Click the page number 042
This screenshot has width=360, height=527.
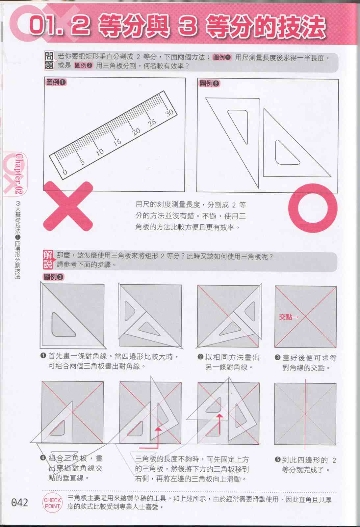tap(19, 503)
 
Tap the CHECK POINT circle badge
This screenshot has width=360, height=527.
tap(52, 503)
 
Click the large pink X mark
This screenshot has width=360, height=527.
tap(68, 206)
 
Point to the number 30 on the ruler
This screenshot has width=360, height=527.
tap(169, 113)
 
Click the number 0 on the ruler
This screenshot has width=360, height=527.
tap(65, 172)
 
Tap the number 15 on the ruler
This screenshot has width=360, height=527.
tap(117, 142)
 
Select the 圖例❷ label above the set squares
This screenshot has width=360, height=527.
tap(209, 83)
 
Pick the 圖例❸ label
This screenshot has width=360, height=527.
tap(54, 277)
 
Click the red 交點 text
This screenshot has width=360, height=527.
tap(285, 317)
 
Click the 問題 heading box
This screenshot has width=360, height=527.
tap(49, 61)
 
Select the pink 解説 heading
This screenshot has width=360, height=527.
tap(48, 260)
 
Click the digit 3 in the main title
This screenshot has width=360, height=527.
tap(187, 26)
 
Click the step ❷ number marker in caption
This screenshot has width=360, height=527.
tap(200, 357)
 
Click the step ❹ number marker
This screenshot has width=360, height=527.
tap(43, 458)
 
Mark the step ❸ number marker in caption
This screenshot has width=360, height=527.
tap(277, 357)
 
